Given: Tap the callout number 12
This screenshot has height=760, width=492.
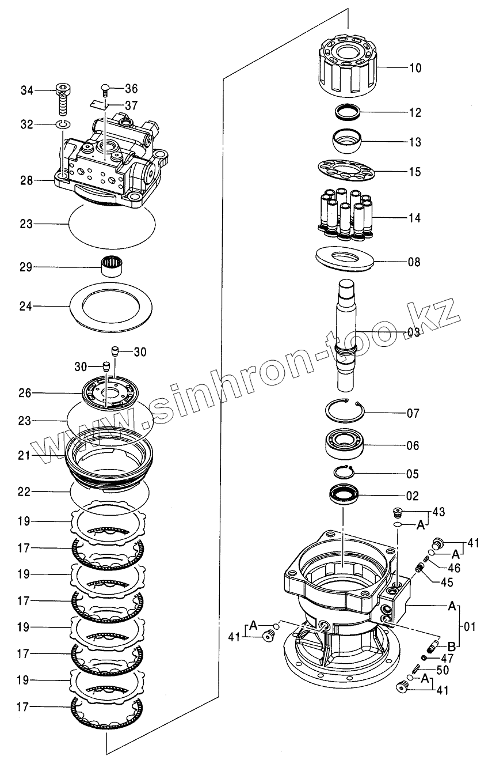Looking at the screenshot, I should (415, 112).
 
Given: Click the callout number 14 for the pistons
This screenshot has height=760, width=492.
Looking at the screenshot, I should (415, 218).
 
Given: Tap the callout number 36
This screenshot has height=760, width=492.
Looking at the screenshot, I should (131, 89).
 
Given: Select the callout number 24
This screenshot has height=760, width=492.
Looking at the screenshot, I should (26, 307).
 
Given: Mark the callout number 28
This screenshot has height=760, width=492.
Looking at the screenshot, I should (26, 180).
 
